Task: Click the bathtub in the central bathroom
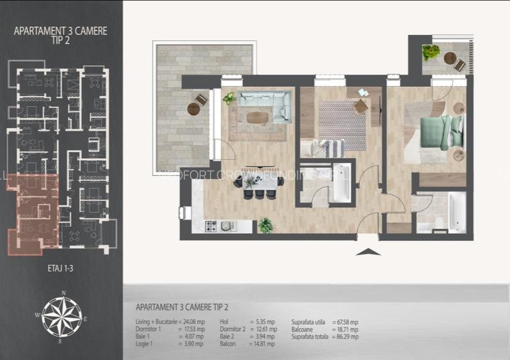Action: tap(340, 183)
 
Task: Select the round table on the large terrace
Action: tap(195, 109)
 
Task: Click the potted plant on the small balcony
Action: tap(431, 51)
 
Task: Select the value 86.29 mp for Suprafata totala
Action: tap(347, 336)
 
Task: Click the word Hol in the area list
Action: tap(224, 322)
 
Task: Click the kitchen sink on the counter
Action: tap(227, 226)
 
